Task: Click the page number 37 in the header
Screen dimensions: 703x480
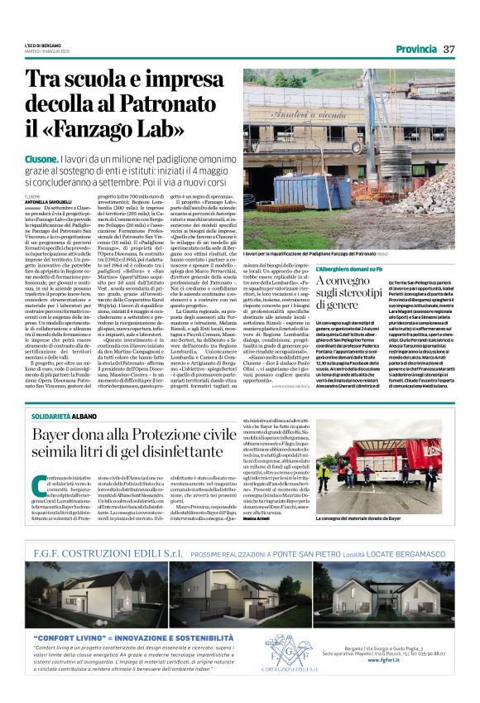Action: click(449, 49)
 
